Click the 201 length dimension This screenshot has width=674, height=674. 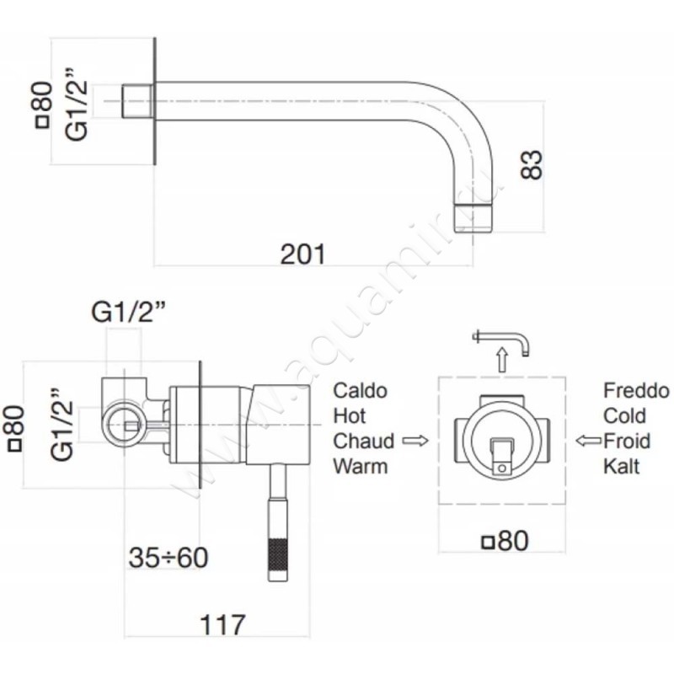tap(302, 253)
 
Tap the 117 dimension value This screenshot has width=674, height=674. tap(222, 625)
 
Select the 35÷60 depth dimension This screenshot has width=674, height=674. tap(168, 557)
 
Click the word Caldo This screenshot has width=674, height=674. tap(361, 391)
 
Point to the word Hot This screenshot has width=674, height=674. tap(350, 415)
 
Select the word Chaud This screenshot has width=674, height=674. tap(364, 441)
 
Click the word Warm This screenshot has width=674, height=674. tap(361, 465)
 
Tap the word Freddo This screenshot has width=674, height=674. tap(635, 391)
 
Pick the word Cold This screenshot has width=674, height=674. tap(625, 415)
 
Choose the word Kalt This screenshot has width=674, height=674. tap(622, 465)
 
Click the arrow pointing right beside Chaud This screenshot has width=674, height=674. tap(415, 441)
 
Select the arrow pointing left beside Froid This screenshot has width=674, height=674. tap(586, 441)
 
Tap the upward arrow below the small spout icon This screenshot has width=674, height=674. tap(501, 361)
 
